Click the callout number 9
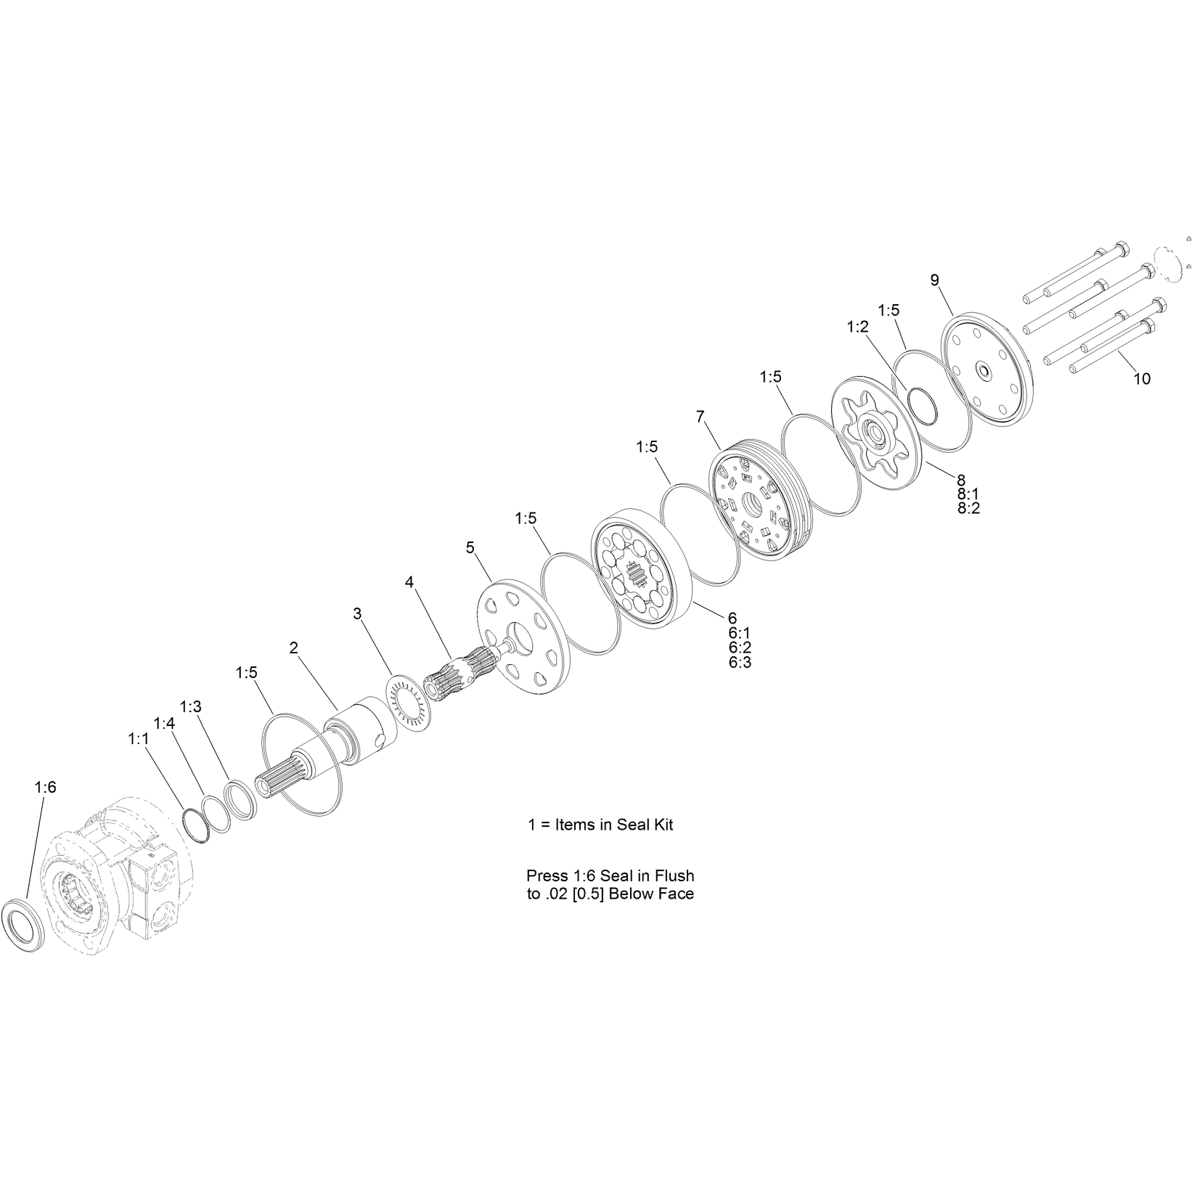[x=935, y=280]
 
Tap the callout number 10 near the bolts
[x=1142, y=378]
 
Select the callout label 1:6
[x=44, y=787]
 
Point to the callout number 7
[x=700, y=417]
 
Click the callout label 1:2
[x=857, y=327]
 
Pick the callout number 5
[x=470, y=547]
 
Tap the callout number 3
[x=357, y=613]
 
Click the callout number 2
[x=294, y=648]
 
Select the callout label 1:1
[x=139, y=739]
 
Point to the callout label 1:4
[x=165, y=723]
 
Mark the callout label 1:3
[x=190, y=706]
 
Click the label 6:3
[x=740, y=662]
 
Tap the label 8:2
[x=968, y=508]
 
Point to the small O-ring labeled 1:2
[x=923, y=404]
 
